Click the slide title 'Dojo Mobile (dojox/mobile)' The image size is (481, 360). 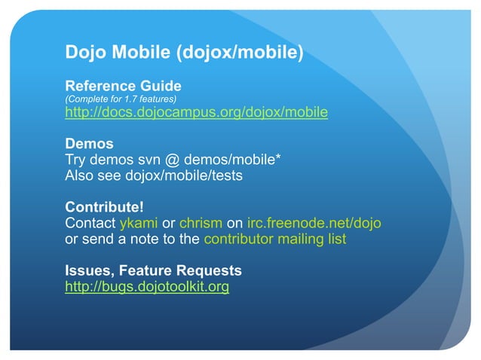tap(185, 53)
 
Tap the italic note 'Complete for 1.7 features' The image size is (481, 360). tap(121, 99)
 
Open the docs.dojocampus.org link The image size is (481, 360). tap(197, 113)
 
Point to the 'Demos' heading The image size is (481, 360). tap(89, 144)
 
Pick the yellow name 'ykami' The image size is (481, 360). tap(139, 223)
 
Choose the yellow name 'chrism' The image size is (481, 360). tap(201, 223)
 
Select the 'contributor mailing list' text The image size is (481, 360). tap(275, 239)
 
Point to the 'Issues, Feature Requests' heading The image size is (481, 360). tap(153, 270)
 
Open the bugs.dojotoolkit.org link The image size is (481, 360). tap(147, 287)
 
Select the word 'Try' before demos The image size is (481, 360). tap(76, 160)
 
